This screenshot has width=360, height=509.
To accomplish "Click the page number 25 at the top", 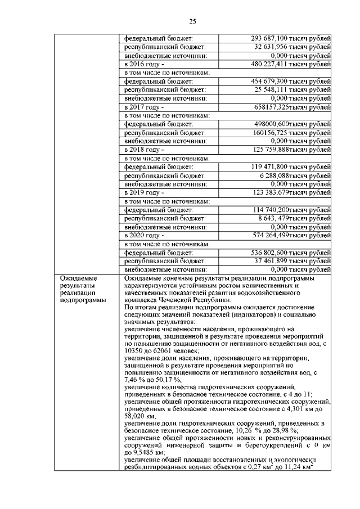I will tap(191, 22).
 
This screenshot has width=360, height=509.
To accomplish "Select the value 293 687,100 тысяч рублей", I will tap(290, 38).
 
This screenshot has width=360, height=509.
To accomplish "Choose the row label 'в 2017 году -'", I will tap(144, 106).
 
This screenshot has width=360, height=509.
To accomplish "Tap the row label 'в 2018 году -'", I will tap(144, 150).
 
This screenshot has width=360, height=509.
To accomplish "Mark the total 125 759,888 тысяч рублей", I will tap(290, 150).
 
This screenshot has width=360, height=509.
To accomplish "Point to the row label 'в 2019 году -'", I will tap(144, 192).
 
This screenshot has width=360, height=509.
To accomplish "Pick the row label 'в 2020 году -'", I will tap(144, 235).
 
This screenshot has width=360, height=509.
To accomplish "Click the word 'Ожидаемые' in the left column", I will tap(79, 278).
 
